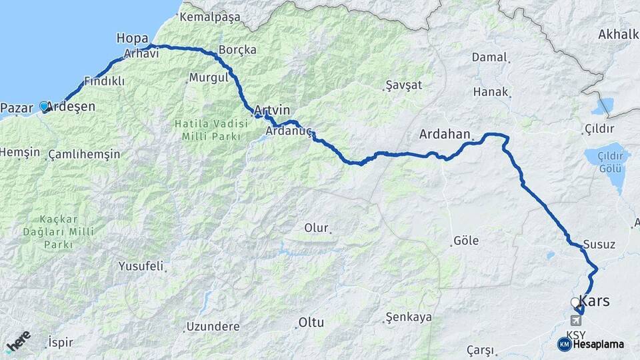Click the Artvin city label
click(x=272, y=109)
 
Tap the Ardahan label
click(x=445, y=134)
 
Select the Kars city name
click(x=595, y=301)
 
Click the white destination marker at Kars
click(x=575, y=303)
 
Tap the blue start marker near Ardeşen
click(x=44, y=106)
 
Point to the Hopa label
click(x=132, y=38)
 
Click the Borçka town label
click(x=237, y=50)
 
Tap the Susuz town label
click(x=599, y=244)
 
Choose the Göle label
click(x=465, y=241)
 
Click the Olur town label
click(x=317, y=228)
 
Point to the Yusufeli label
click(x=141, y=266)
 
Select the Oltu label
click(x=311, y=323)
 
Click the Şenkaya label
click(x=409, y=317)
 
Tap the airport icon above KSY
click(x=575, y=321)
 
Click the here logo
click(x=18, y=341)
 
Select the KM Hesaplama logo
click(x=591, y=344)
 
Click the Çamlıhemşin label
click(x=85, y=155)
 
